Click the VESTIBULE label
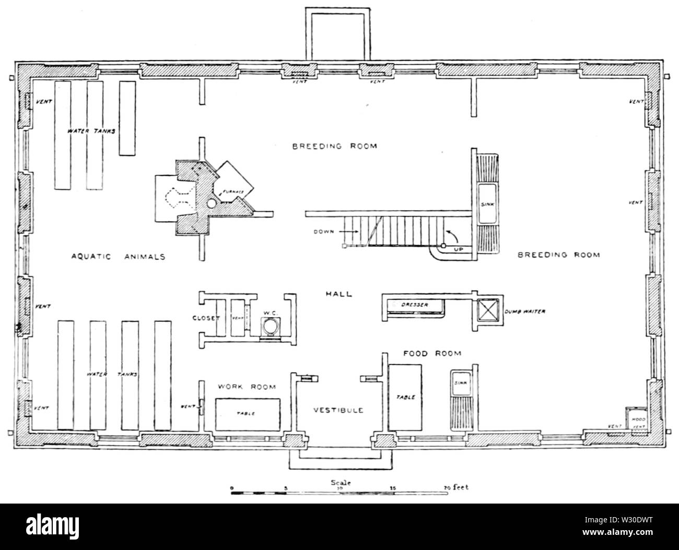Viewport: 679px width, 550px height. pyautogui.click(x=338, y=410)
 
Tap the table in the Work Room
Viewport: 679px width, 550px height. pyautogui.click(x=247, y=414)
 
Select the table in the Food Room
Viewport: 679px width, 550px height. pyautogui.click(x=405, y=397)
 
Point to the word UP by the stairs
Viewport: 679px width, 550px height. pyautogui.click(x=458, y=249)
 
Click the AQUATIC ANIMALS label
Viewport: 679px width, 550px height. pyautogui.click(x=118, y=256)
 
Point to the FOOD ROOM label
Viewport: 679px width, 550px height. pyautogui.click(x=432, y=353)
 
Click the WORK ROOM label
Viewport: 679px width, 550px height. pyautogui.click(x=247, y=387)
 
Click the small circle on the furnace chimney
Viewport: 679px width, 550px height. pyautogui.click(x=211, y=202)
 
